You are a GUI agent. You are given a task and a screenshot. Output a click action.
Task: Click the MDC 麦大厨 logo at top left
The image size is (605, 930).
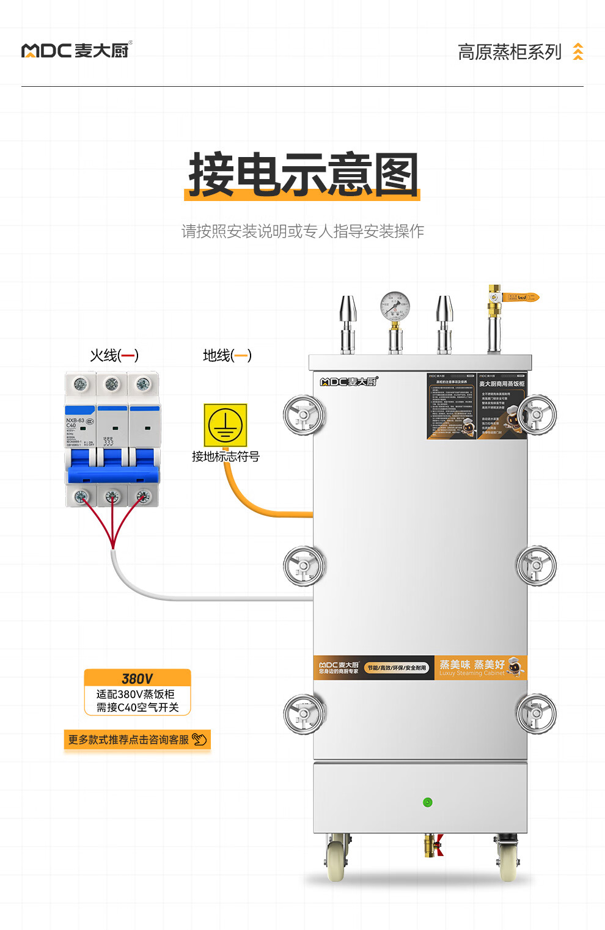(76, 50)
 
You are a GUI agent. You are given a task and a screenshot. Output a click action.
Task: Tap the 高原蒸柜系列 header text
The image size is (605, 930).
(509, 52)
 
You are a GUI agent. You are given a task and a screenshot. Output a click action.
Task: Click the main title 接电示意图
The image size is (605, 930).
(303, 175)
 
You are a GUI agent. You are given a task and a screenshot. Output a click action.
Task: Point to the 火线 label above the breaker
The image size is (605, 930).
(114, 355)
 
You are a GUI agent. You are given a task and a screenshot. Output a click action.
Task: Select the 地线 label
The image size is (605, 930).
(227, 355)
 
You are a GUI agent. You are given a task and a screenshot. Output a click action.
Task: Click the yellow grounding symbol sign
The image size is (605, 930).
(225, 425)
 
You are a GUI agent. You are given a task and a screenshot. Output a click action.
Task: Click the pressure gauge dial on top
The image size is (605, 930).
(395, 307)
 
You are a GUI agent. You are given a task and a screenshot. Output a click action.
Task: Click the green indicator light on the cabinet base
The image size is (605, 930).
(428, 802)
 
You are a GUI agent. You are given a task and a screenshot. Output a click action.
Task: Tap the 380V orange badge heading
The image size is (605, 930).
(137, 679)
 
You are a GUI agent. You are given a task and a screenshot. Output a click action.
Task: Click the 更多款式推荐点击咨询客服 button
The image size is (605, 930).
(137, 740)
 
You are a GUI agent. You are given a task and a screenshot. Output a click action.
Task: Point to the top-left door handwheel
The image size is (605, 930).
(304, 416)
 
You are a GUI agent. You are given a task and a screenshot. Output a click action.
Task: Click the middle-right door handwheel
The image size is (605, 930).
(536, 565)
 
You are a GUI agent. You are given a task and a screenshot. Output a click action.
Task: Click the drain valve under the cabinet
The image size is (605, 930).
(433, 846)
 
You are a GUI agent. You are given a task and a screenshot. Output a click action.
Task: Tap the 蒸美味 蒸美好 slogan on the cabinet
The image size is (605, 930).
(472, 665)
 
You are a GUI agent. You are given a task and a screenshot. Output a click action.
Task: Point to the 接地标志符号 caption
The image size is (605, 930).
(226, 456)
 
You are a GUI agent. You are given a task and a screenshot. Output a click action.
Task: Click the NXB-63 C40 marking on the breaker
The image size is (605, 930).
(75, 423)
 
